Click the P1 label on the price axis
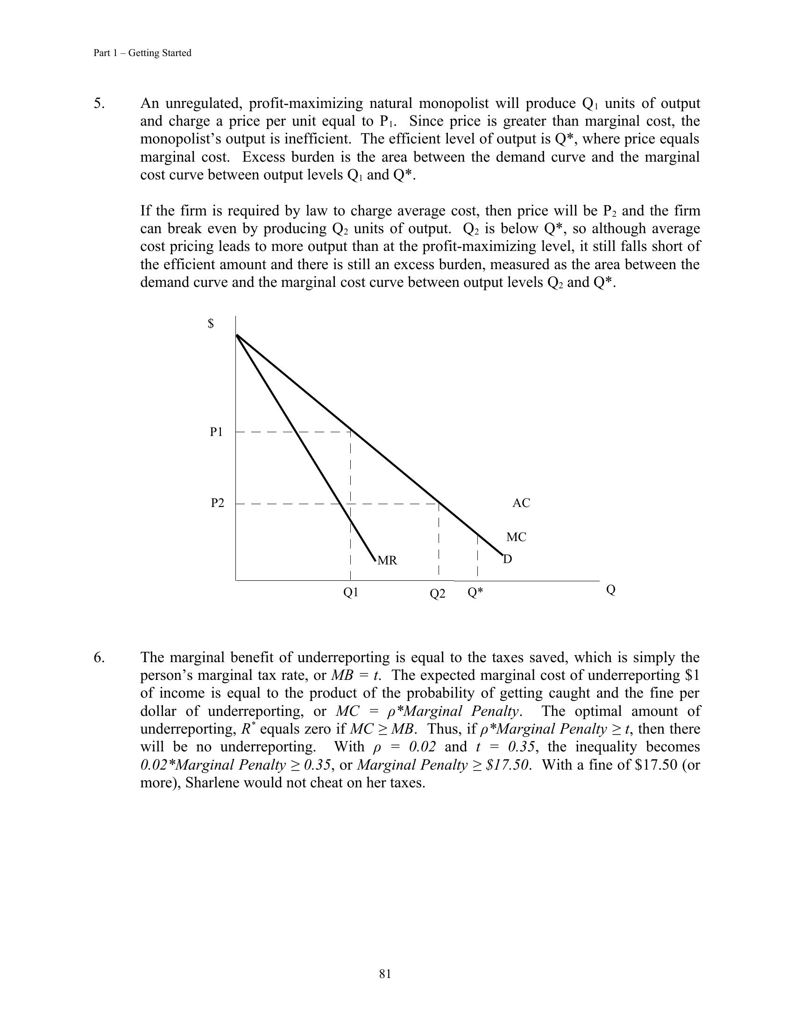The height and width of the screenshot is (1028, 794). [216, 432]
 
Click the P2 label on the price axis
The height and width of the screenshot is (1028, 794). [217, 503]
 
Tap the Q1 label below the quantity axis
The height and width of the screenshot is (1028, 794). [351, 592]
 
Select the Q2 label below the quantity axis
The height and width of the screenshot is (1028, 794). [438, 593]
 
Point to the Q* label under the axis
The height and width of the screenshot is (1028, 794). [475, 592]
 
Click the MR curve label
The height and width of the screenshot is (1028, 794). [388, 561]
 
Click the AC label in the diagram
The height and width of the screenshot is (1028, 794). [521, 503]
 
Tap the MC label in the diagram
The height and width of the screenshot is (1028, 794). [516, 537]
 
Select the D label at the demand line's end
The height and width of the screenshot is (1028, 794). [508, 559]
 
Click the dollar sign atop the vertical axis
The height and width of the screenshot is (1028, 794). [211, 324]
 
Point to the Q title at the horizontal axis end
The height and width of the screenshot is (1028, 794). [610, 590]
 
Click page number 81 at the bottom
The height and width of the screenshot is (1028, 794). [385, 974]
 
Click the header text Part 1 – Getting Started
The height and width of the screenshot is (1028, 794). [142, 53]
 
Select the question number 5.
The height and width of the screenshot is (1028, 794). [99, 103]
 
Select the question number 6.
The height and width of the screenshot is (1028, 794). [99, 657]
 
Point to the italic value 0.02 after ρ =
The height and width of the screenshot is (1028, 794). [422, 747]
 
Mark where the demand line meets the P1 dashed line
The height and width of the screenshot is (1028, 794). [350, 431]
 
